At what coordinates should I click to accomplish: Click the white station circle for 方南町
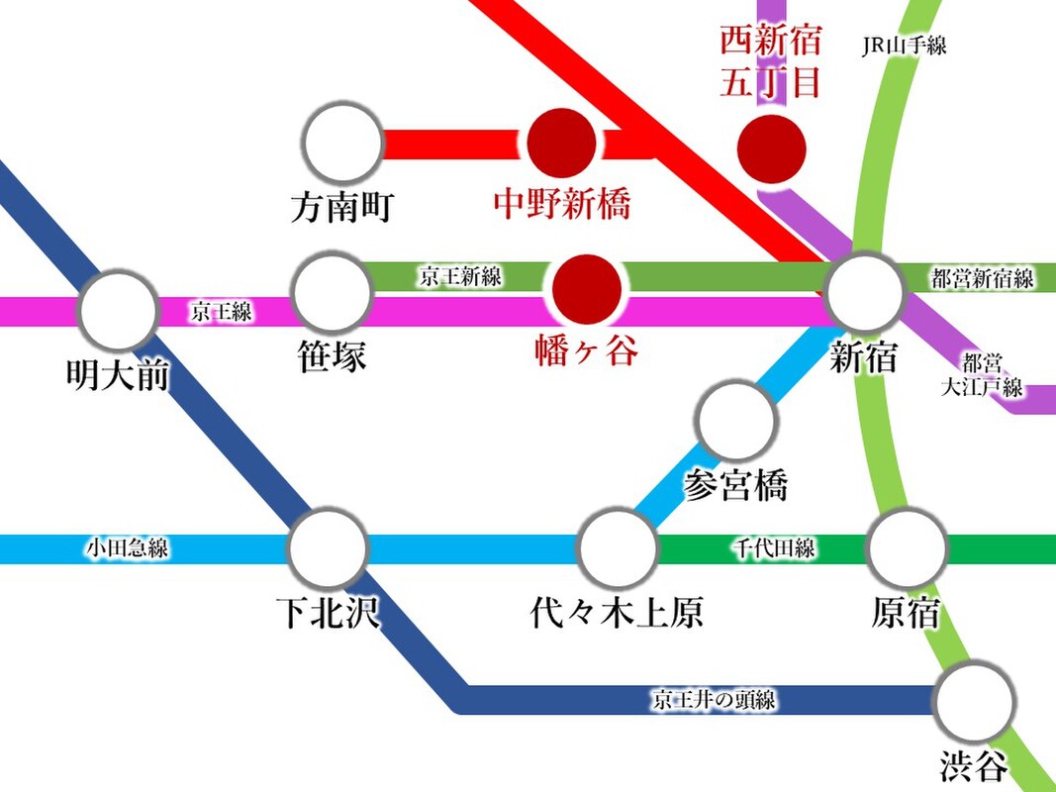pyautogui.click(x=343, y=143)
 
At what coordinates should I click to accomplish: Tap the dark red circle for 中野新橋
pyautogui.click(x=561, y=143)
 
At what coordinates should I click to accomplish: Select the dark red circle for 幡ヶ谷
pyautogui.click(x=587, y=290)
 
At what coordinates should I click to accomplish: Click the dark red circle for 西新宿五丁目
pyautogui.click(x=771, y=148)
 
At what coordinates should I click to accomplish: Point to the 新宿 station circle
pyautogui.click(x=865, y=292)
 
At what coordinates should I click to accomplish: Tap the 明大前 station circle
pyautogui.click(x=119, y=310)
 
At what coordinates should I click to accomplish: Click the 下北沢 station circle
pyautogui.click(x=329, y=548)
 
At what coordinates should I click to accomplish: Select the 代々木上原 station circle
pyautogui.click(x=618, y=548)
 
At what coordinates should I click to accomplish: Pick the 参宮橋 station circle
pyautogui.click(x=736, y=420)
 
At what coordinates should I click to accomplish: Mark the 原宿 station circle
pyautogui.click(x=907, y=548)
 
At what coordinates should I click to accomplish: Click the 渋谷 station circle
pyautogui.click(x=975, y=702)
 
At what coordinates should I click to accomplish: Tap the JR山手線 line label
pyautogui.click(x=905, y=46)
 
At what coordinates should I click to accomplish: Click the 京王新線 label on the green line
pyautogui.click(x=460, y=276)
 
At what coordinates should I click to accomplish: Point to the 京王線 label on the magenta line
pyautogui.click(x=222, y=311)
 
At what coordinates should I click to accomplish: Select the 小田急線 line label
pyautogui.click(x=128, y=547)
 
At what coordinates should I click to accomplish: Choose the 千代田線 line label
pyautogui.click(x=775, y=547)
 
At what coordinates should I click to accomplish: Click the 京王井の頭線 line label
pyautogui.click(x=714, y=700)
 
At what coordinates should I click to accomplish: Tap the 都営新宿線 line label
pyautogui.click(x=983, y=277)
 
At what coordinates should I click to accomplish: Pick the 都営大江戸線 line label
pyautogui.click(x=982, y=375)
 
